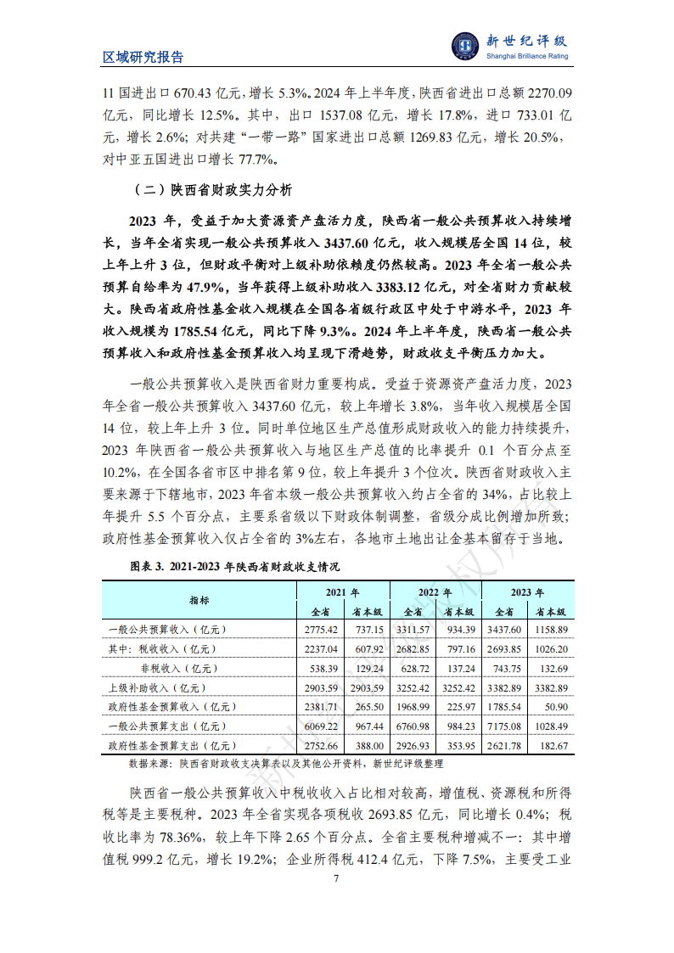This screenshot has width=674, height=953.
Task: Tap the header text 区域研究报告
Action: click(x=143, y=58)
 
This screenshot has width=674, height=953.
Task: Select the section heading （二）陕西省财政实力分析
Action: click(x=211, y=188)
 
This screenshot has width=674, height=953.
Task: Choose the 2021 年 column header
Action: click(x=343, y=592)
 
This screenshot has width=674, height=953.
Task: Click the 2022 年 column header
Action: click(x=435, y=592)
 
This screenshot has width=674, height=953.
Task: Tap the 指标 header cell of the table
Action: click(x=200, y=601)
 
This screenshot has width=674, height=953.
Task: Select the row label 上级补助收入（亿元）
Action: click(x=158, y=687)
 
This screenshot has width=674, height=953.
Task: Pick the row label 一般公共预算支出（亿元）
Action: click(x=166, y=726)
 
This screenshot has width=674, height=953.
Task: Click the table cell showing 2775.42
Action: click(x=320, y=630)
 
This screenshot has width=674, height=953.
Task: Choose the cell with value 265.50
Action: click(x=367, y=706)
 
